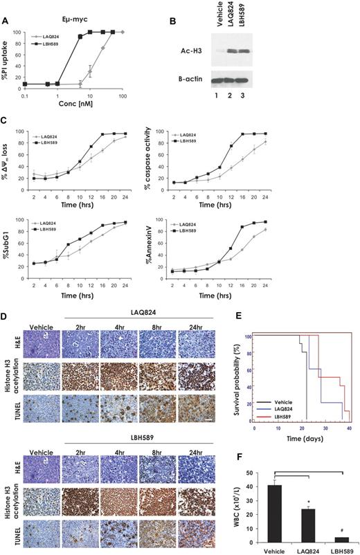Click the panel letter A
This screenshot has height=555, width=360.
point(6,21)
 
